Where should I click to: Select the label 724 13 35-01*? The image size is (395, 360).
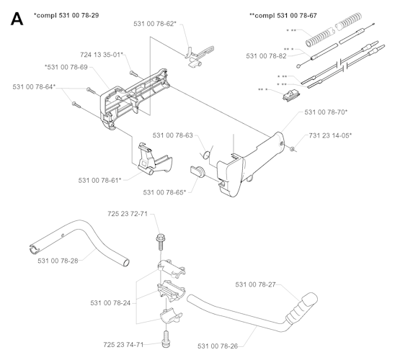click(100, 55)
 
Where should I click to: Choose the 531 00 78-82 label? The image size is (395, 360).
click(267, 55)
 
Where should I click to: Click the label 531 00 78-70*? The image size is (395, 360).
click(326, 112)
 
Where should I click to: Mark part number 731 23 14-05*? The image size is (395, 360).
click(330, 135)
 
